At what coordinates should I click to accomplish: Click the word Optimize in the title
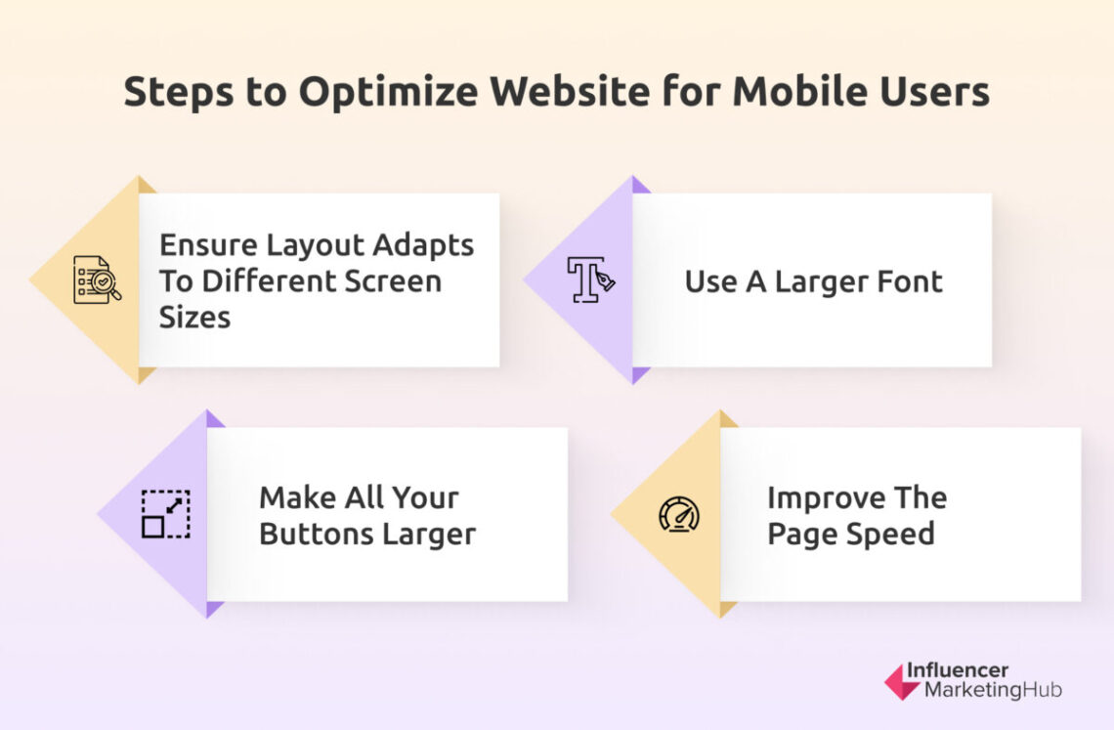click(388, 92)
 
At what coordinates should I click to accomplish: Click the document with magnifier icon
click(97, 279)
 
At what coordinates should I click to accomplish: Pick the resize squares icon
click(165, 514)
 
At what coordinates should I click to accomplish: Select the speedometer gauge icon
click(678, 514)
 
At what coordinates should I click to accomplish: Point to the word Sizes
click(194, 317)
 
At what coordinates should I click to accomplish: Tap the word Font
click(906, 281)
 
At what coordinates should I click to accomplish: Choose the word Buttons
click(317, 534)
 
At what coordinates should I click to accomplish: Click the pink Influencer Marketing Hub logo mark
click(901, 681)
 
